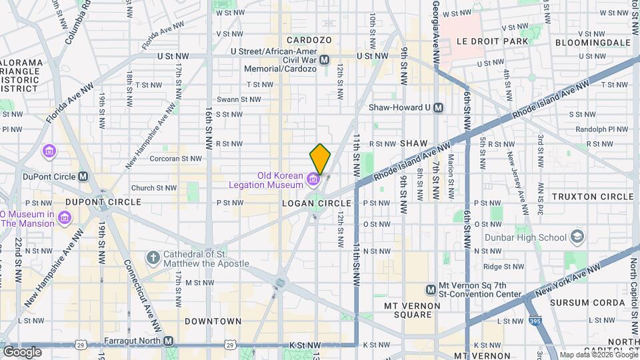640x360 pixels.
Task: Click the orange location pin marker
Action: click(320, 159)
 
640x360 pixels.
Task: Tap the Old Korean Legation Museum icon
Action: click(313, 179)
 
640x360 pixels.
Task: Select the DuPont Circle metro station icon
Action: click(83, 177)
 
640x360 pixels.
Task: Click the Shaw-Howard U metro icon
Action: click(438, 107)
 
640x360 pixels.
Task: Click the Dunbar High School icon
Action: click(577, 237)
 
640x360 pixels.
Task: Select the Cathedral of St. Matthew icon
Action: click(153, 257)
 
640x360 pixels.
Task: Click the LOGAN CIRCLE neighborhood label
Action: click(316, 203)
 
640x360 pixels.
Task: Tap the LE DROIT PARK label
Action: click(492, 41)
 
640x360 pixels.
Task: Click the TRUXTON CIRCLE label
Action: click(593, 197)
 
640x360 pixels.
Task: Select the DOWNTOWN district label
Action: click(213, 321)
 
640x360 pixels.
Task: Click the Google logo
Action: click(21, 352)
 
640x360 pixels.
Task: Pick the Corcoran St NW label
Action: click(175, 159)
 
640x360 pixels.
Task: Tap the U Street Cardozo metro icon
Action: click(325, 60)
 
